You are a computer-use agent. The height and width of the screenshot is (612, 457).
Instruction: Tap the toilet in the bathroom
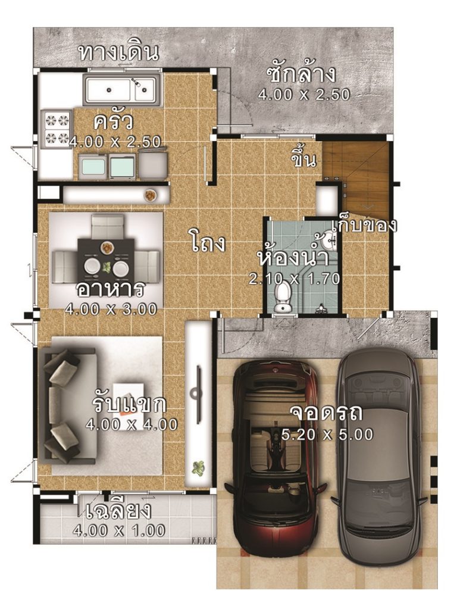tap(284, 296)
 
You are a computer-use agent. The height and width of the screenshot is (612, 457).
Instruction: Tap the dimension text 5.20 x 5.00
tap(328, 435)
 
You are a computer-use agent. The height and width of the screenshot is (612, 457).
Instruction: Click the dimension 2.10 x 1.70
tap(294, 278)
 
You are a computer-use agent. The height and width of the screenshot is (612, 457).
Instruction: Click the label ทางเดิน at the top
tap(118, 52)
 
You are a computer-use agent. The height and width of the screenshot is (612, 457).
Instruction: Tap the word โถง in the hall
tap(208, 243)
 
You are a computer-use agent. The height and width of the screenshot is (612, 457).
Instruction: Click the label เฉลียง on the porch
tap(118, 511)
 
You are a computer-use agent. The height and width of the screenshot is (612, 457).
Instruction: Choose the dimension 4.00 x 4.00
tap(132, 425)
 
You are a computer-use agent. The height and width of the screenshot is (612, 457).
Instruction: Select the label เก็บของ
tap(364, 225)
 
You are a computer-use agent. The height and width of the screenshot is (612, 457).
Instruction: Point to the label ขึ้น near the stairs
tap(303, 160)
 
